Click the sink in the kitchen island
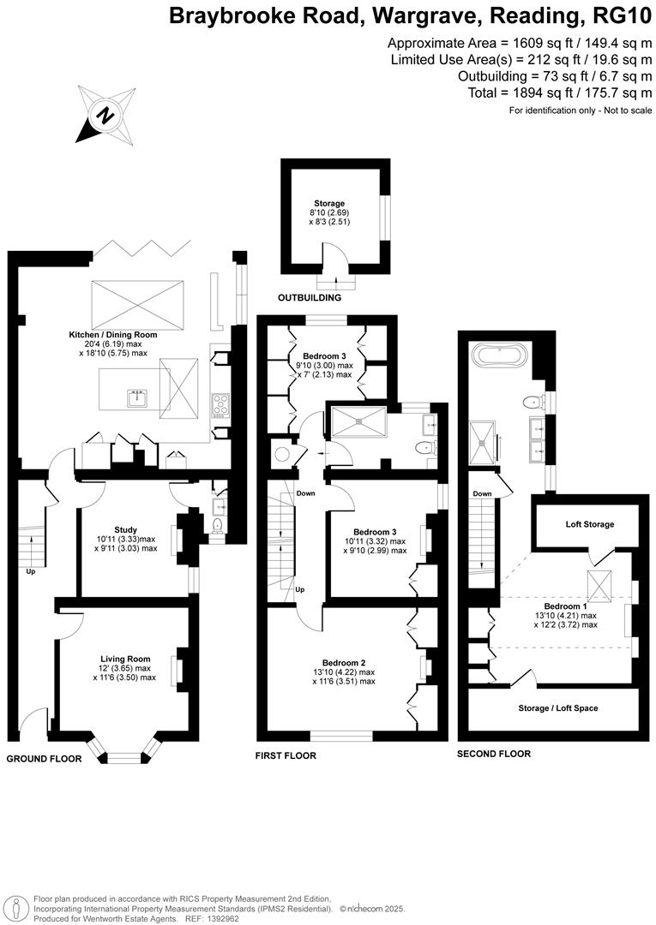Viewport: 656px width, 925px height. point(136,397)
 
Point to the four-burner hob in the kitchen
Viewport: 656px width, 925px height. point(219,403)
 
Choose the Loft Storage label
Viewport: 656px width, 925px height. point(589,523)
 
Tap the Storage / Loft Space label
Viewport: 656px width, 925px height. point(558,708)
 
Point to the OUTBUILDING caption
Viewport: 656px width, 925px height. point(309,298)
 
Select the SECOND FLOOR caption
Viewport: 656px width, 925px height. point(494,754)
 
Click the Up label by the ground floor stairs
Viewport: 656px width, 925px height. point(31,571)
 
